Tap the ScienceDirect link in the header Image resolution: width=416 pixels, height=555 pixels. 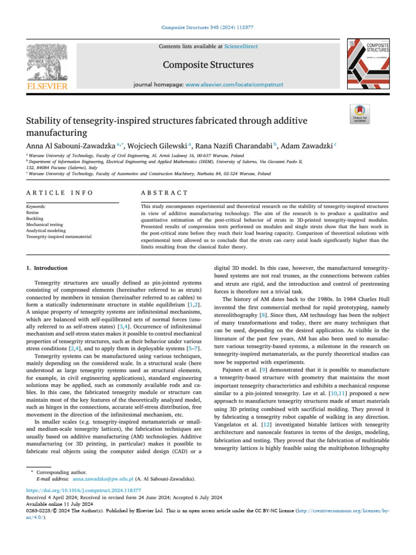point(243,47)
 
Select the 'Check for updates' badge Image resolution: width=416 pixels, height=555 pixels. point(360,113)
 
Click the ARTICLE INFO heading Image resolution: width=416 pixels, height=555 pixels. point(60,192)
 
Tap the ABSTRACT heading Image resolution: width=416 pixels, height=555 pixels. point(164,192)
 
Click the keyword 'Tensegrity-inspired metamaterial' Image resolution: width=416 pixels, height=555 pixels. point(58,236)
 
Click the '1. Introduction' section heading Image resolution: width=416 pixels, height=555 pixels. point(47,268)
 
